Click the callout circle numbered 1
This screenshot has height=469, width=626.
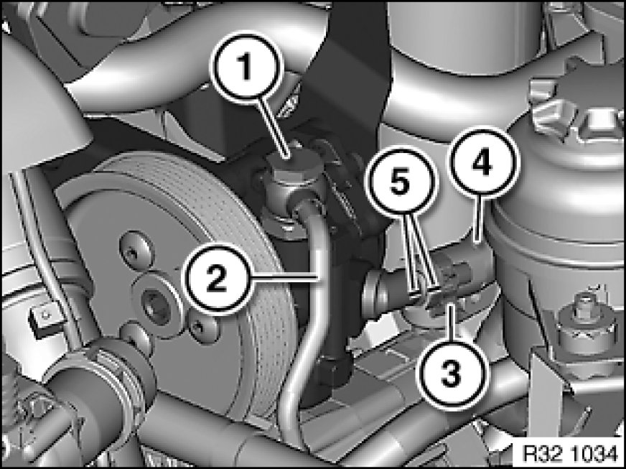(246, 67)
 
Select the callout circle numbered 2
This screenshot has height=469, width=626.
(216, 278)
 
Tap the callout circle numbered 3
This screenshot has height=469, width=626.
(452, 375)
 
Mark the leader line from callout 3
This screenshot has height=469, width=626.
(451, 322)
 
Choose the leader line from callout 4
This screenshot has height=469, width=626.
(479, 219)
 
